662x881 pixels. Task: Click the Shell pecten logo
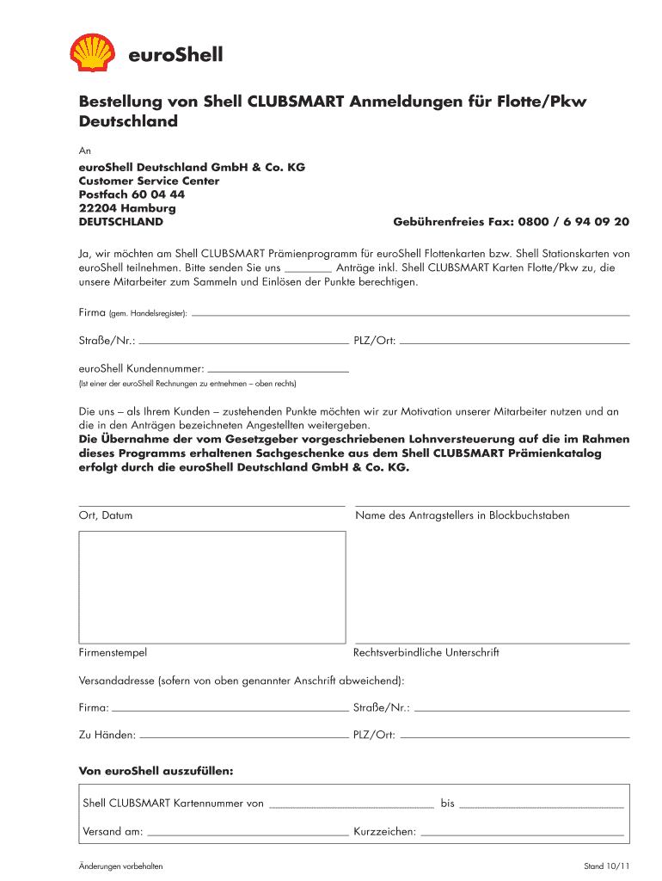click(93, 52)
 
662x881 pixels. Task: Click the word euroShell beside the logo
click(175, 56)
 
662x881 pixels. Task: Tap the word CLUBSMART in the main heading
click(297, 102)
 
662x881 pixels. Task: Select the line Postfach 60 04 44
click(132, 194)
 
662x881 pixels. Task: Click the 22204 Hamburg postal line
click(127, 208)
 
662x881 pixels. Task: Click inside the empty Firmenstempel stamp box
click(212, 587)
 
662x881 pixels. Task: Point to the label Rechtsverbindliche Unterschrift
click(426, 653)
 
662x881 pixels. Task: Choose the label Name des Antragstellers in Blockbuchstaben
click(462, 516)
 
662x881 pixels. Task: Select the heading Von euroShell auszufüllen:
click(156, 770)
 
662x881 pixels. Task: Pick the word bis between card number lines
click(447, 804)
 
